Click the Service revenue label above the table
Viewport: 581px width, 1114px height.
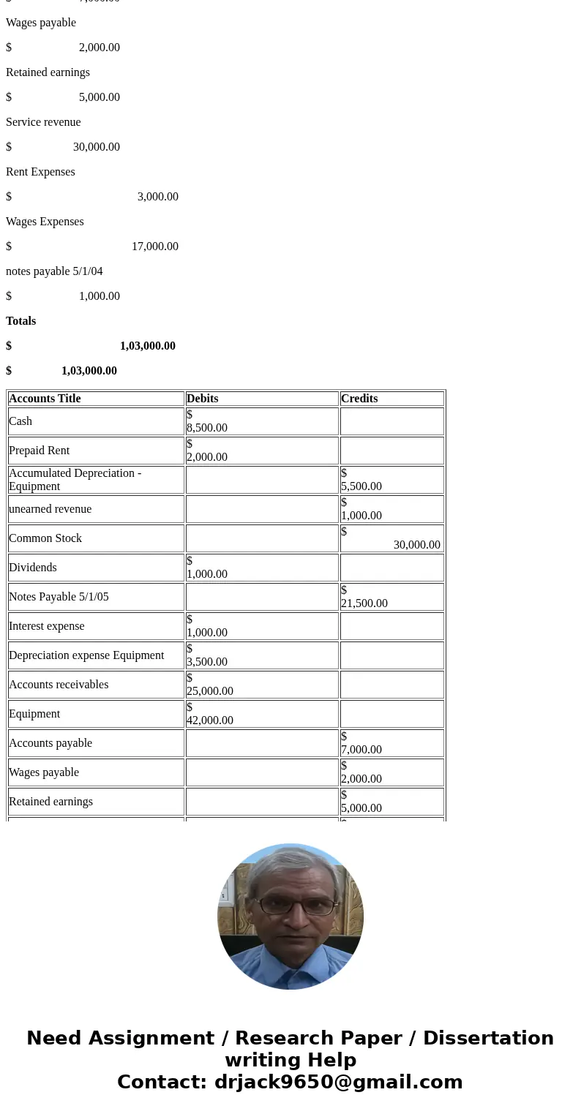43,122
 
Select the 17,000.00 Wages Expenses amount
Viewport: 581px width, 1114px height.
154,246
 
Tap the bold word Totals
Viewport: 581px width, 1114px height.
20,321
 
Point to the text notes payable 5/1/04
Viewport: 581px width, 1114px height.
54,271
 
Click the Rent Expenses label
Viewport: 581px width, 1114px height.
40,172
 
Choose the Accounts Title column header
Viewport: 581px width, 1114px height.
45,399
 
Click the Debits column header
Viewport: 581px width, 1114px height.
203,399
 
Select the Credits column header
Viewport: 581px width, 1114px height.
359,399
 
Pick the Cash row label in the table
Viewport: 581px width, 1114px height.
20,421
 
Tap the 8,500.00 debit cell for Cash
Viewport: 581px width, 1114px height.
207,428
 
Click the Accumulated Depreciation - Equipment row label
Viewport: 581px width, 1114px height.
75,480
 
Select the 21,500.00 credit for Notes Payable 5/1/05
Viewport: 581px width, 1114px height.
364,603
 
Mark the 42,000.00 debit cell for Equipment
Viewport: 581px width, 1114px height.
210,720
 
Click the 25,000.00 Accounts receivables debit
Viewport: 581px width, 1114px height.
210,691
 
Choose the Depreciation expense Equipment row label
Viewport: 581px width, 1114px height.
86,655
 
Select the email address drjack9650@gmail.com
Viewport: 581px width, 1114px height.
338,1082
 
